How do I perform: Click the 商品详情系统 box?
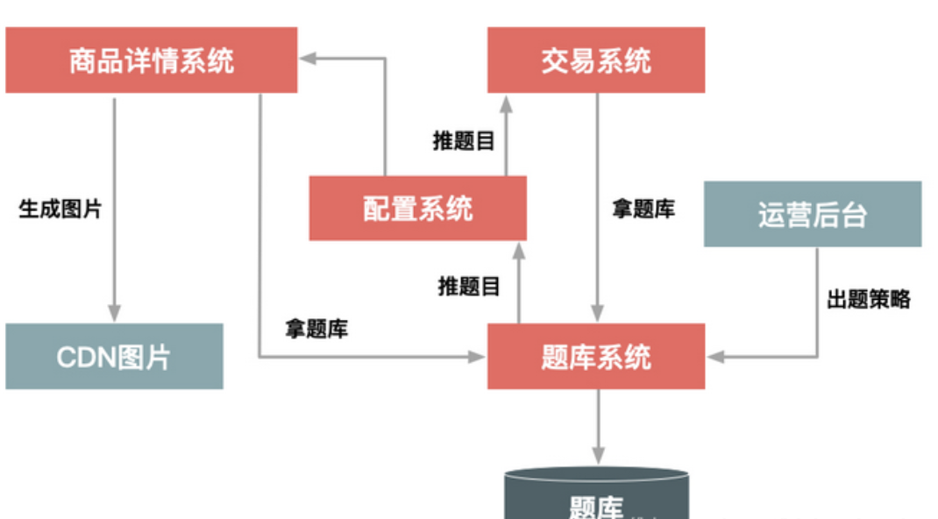pos(151,60)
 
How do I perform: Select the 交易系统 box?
pos(596,60)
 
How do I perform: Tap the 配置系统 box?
pos(417,208)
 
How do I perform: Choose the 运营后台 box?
pos(813,214)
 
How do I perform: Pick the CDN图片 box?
pos(114,356)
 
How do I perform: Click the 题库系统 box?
pos(596,356)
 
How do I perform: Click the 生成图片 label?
pos(60,210)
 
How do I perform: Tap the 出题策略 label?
pos(868,300)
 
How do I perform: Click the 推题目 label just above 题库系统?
pos(469,286)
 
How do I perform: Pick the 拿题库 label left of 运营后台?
pos(643,210)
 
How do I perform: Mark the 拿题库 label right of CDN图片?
pos(316,329)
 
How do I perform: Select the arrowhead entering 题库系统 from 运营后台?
pos(714,356)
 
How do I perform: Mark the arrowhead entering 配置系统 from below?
pos(518,249)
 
